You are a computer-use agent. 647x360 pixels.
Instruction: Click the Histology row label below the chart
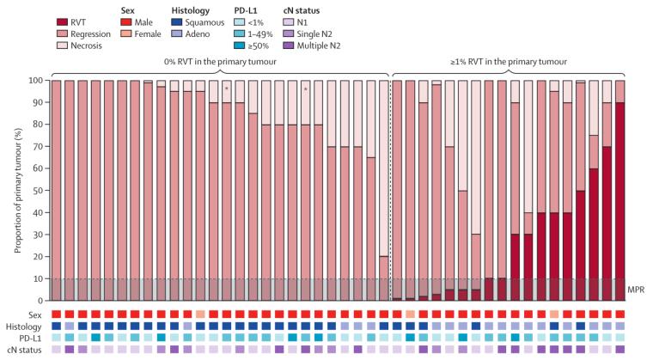tap(28, 326)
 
